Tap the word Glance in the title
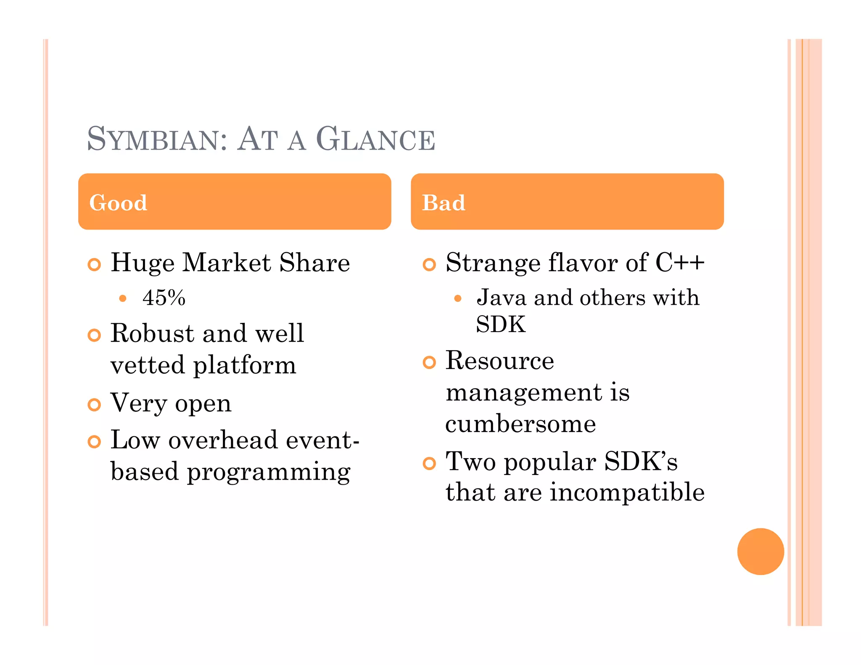pyautogui.click(x=375, y=139)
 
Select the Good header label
pyautogui.click(x=118, y=203)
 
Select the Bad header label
pyautogui.click(x=444, y=203)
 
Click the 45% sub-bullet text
pyautogui.click(x=164, y=298)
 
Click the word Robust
pyautogui.click(x=153, y=333)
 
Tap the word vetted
pyautogui.click(x=148, y=365)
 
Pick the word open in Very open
pyautogui.click(x=203, y=404)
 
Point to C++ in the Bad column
pyautogui.click(x=679, y=263)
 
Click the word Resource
pyautogui.click(x=500, y=361)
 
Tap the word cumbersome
pyautogui.click(x=520, y=424)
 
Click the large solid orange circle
pyautogui.click(x=761, y=551)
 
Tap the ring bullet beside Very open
pyautogui.click(x=94, y=405)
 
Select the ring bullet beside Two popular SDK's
pyautogui.click(x=429, y=463)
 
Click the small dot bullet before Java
pyautogui.click(x=458, y=298)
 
